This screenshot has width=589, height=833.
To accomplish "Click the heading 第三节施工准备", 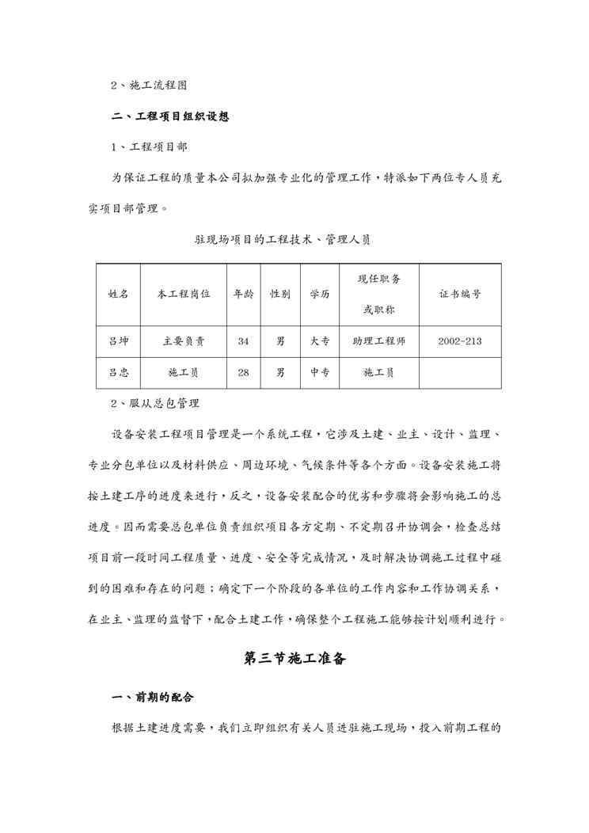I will [x=294, y=658].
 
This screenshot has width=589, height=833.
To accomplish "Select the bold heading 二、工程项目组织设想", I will [x=170, y=116].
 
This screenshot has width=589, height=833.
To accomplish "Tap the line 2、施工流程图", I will [x=149, y=83].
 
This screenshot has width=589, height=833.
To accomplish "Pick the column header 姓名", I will [x=119, y=294].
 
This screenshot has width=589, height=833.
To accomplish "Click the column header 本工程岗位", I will [x=184, y=294].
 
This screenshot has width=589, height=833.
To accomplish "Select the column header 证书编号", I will [x=459, y=294].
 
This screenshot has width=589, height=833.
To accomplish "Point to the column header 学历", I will [x=320, y=294].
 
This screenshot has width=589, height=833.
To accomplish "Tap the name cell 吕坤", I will [x=119, y=341].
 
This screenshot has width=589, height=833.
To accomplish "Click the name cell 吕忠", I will [x=119, y=372].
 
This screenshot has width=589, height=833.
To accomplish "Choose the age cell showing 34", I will [x=243, y=341].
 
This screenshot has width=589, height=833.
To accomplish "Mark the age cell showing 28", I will [x=243, y=372].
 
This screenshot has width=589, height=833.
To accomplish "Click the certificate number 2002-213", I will [x=459, y=341].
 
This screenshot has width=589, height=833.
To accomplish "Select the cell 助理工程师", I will [x=379, y=341].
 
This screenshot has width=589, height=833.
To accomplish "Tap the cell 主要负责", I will [x=184, y=341].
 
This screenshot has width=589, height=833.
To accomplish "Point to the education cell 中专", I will [x=320, y=372].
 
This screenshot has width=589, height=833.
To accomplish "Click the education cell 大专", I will [x=320, y=341].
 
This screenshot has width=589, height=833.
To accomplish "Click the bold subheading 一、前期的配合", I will [x=153, y=698].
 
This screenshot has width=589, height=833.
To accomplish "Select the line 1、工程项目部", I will [x=149, y=146].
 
